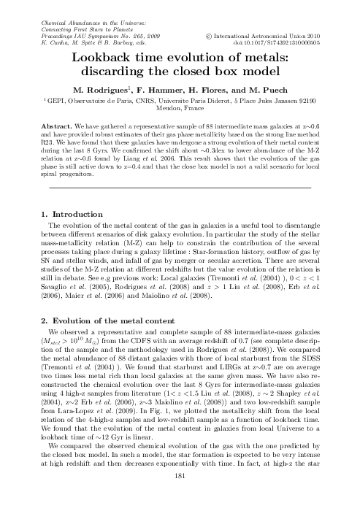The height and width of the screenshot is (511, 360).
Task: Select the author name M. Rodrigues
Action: (x=115, y=88)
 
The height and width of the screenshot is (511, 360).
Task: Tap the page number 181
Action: (x=180, y=497)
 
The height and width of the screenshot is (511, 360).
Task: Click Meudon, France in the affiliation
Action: (x=180, y=108)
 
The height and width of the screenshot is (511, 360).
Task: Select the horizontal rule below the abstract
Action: (x=180, y=188)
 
